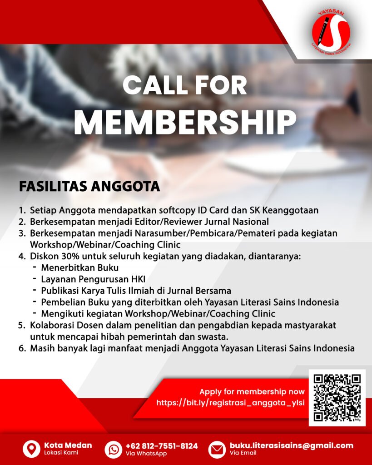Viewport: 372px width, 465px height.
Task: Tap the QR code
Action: point(337,397)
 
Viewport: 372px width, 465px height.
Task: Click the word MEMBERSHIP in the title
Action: point(185,122)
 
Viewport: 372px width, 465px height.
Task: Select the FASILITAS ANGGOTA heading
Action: point(89,187)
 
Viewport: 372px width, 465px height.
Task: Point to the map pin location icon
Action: point(31,449)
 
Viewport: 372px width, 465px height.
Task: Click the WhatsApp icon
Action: point(113,449)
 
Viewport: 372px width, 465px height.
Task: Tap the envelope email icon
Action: point(217,449)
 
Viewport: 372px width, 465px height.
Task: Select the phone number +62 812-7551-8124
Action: point(162,445)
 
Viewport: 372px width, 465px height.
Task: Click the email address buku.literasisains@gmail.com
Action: point(291,445)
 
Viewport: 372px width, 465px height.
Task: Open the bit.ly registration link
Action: point(230,402)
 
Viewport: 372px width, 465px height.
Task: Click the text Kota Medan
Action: point(68,445)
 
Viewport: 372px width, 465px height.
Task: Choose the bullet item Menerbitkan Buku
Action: point(79,267)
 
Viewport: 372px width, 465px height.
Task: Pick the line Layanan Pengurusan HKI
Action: point(93,279)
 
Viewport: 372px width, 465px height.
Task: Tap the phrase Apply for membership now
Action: point(252,391)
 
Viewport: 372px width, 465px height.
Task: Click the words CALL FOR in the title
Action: point(185,85)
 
